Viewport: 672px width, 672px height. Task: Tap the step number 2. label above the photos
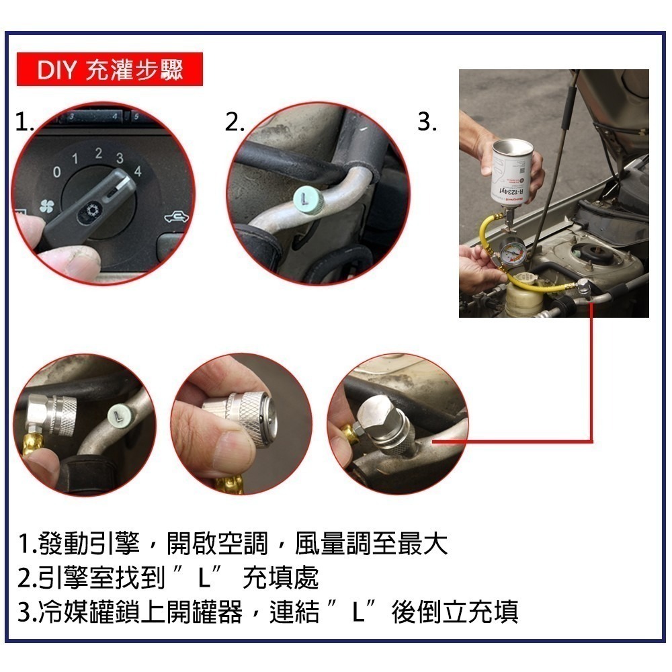[x=234, y=122]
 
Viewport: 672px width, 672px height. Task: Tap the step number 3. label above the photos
[x=427, y=122]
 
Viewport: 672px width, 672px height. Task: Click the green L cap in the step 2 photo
[x=306, y=199]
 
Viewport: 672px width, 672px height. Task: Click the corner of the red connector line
[x=591, y=441]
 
